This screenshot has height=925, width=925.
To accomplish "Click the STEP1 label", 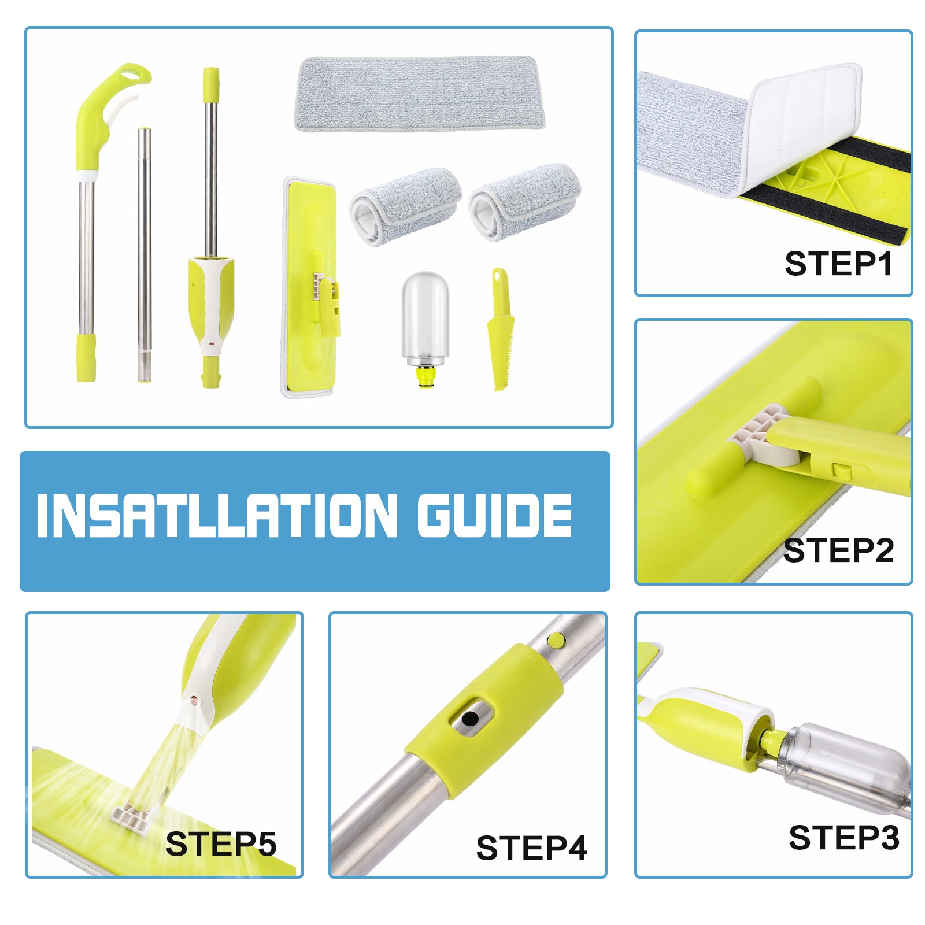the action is tap(838, 264).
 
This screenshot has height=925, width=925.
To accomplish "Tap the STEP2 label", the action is tap(838, 550).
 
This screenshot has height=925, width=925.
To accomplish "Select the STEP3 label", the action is tap(843, 837).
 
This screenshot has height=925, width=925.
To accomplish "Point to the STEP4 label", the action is tap(531, 848).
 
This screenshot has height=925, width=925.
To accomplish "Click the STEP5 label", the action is tap(221, 844).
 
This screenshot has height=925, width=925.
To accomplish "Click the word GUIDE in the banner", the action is tap(495, 515).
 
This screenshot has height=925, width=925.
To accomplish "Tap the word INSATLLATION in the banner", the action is tap(216, 515).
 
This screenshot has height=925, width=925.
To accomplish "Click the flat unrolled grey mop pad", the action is tap(420, 94).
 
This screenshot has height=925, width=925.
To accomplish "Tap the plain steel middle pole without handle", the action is tap(145, 254).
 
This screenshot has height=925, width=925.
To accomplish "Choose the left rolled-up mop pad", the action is tap(405, 206).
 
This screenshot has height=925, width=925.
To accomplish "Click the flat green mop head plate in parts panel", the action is tap(310, 287).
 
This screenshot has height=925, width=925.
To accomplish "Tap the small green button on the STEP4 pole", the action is tap(556, 639).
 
